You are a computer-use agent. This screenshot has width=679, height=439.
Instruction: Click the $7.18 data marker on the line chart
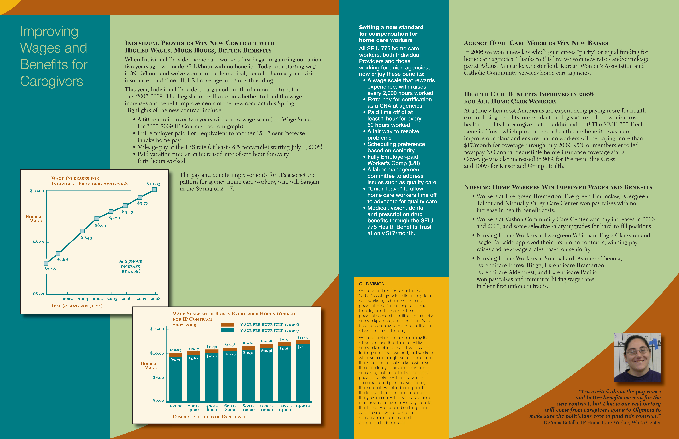(46, 263)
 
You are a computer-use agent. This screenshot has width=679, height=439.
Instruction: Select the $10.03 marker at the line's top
(154, 190)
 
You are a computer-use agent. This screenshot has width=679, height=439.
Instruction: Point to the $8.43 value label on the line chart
(86, 237)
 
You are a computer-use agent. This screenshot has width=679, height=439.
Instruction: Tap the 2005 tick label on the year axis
(112, 299)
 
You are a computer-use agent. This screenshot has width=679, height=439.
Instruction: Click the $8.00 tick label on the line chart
(38, 242)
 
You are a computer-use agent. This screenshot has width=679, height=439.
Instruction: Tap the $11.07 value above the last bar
(303, 337)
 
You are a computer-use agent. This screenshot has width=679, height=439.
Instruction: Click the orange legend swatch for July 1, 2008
(227, 324)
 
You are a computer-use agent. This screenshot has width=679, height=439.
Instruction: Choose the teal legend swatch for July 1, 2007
(227, 330)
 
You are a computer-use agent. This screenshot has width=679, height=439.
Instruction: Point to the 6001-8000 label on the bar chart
(230, 408)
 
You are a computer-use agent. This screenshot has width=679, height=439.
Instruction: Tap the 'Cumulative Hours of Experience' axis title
(209, 417)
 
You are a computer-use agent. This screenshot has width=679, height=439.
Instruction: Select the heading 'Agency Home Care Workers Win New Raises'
(535, 43)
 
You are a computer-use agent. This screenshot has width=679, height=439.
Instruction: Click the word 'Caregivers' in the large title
(52, 81)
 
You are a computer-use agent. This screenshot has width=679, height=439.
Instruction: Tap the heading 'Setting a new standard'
(391, 27)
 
